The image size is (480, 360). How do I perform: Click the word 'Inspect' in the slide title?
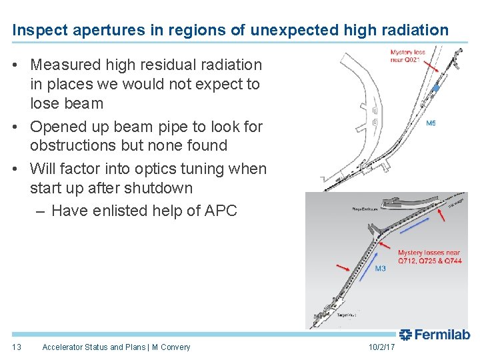point(35,30)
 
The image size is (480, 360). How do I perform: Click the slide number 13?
point(17,347)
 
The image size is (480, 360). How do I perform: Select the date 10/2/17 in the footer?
point(381,347)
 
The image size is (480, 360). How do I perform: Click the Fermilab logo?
point(435,335)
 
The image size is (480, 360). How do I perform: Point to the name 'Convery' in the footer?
point(175,347)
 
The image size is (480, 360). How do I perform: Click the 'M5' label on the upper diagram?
point(431,123)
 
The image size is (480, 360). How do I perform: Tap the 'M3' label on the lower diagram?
point(380,269)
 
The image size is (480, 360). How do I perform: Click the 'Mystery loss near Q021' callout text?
point(407,55)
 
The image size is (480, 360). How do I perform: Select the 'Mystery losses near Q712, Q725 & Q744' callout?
point(429,257)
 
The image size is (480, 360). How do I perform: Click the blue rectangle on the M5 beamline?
point(435,88)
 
